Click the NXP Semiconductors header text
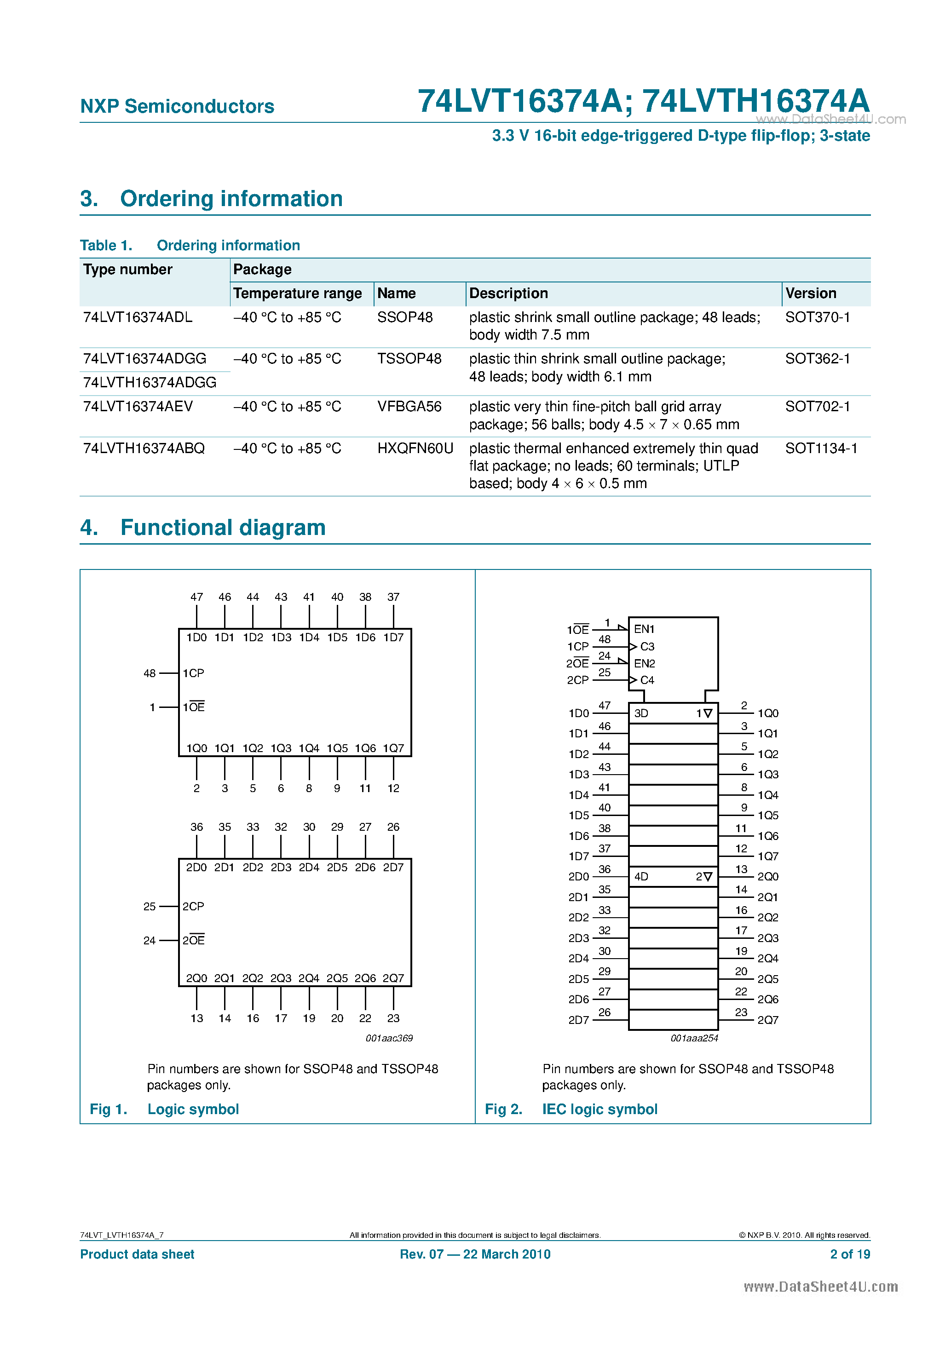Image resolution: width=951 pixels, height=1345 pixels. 177,106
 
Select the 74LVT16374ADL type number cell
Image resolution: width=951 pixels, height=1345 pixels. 138,317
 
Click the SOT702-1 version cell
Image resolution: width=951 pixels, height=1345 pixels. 818,406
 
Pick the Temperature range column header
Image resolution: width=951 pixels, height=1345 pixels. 297,293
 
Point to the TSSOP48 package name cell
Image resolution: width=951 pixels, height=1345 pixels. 409,358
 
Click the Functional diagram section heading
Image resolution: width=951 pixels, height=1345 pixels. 223,527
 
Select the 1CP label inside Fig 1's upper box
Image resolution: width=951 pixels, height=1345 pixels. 193,673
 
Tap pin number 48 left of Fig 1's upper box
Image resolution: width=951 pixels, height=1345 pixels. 150,673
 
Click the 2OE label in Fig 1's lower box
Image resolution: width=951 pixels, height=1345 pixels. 193,940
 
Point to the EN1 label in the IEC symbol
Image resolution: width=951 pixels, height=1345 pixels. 644,629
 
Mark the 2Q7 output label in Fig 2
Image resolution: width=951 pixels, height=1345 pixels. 767,1020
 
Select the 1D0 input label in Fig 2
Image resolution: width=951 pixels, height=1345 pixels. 578,713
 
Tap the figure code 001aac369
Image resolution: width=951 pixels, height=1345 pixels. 389,1038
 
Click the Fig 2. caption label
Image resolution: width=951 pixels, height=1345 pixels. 503,1109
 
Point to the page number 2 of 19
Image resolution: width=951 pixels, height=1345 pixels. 850,1254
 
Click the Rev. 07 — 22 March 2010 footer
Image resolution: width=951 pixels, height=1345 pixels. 475,1254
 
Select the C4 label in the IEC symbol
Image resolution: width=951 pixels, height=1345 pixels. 647,680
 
